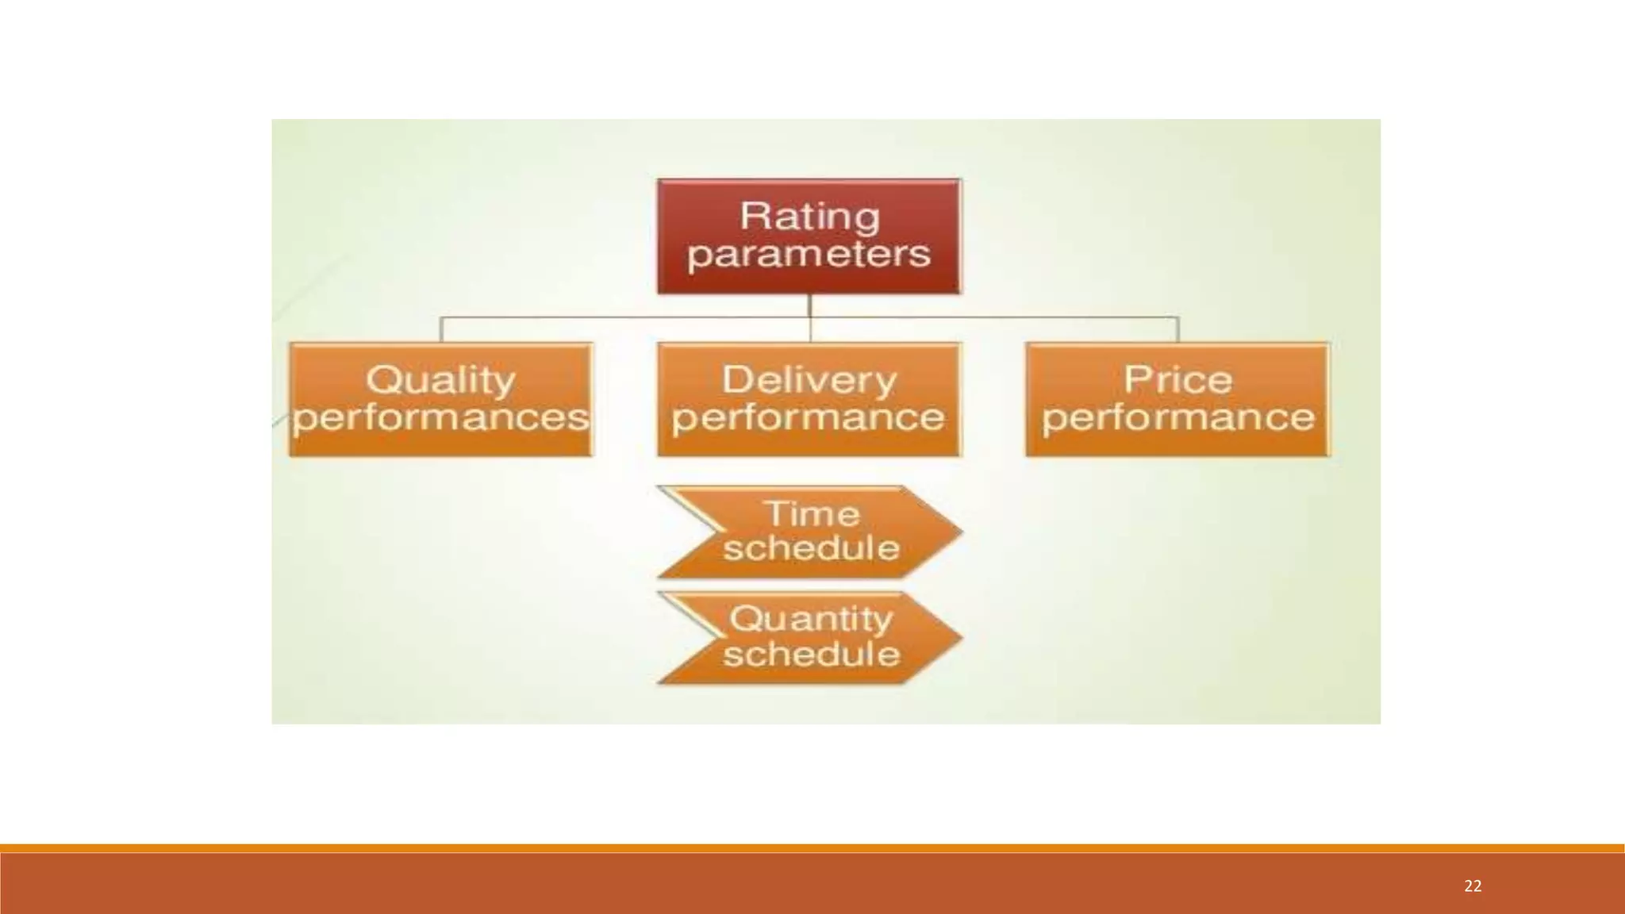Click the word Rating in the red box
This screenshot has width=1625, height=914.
tap(809, 217)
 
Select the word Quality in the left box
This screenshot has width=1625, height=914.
tap(440, 380)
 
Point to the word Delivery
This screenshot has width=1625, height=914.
tap(809, 380)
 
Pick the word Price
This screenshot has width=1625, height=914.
tap(1177, 380)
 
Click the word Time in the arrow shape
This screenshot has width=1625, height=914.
tap(812, 514)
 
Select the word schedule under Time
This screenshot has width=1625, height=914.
tap(812, 548)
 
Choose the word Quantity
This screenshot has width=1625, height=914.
tap(811, 619)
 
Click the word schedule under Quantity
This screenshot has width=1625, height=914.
tap(812, 655)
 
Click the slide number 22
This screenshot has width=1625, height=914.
tap(1473, 886)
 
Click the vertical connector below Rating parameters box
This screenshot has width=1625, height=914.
tap(809, 306)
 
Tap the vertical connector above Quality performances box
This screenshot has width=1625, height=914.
tap(441, 329)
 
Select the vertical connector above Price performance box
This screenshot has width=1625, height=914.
tap(1177, 329)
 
